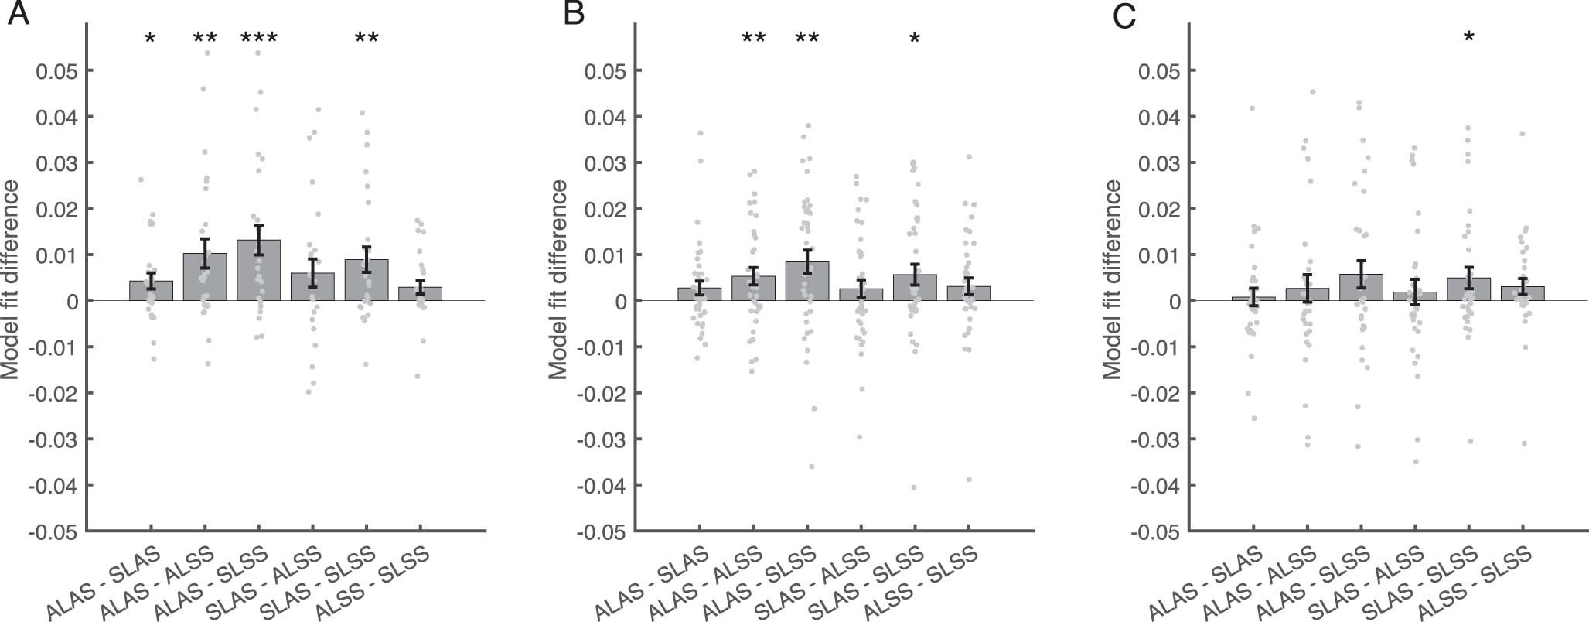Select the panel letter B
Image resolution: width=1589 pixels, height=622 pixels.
574,14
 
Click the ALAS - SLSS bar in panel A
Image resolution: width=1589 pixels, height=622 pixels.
258,271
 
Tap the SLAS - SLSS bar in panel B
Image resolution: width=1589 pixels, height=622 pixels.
915,288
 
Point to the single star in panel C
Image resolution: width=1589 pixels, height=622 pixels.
1468,37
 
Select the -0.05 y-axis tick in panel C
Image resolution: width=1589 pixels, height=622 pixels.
1154,532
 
